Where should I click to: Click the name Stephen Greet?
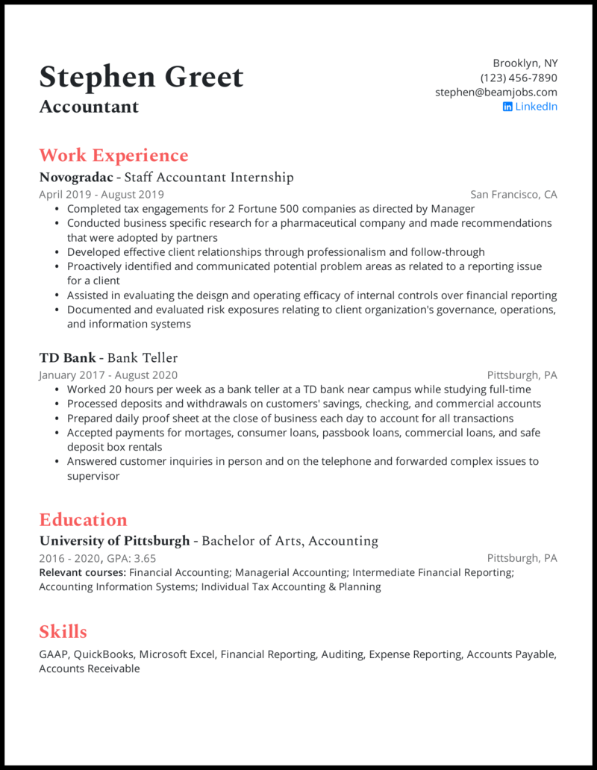141,78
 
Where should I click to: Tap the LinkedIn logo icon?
507,107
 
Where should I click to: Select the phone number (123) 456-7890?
519,78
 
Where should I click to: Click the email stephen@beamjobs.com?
496,93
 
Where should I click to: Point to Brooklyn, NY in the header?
525,63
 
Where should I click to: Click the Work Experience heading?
113,155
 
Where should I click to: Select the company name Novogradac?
75,178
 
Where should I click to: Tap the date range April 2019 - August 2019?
101,195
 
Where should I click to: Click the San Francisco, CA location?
513,195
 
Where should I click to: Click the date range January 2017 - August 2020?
108,375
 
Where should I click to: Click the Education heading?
83,520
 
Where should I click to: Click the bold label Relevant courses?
82,572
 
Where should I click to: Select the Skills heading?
63,632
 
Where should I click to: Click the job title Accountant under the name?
89,107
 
